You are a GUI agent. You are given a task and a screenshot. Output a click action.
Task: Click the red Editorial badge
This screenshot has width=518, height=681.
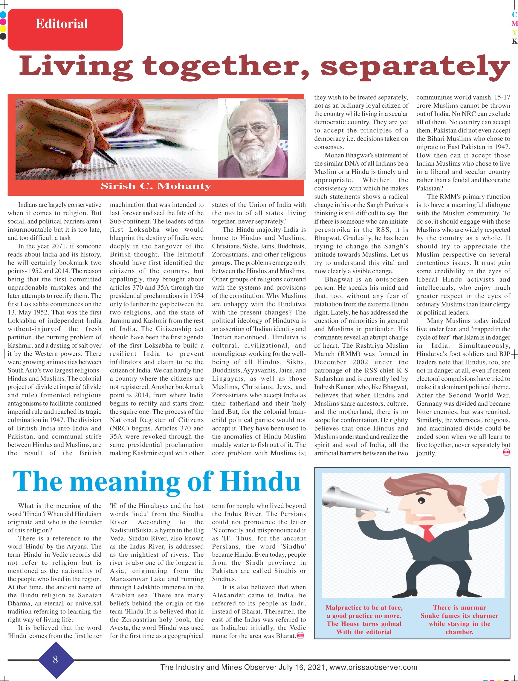(x=65, y=29)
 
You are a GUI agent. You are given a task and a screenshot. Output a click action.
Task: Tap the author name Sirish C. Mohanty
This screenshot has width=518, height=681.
(x=156, y=186)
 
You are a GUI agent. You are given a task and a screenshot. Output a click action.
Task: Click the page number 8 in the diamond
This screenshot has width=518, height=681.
(x=56, y=660)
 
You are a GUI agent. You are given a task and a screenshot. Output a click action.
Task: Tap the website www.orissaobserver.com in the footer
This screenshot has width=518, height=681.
(x=373, y=667)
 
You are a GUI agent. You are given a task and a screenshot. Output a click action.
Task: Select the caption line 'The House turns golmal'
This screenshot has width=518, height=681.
(x=364, y=624)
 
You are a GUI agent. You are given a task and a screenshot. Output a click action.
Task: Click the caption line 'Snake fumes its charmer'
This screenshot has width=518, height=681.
(x=459, y=616)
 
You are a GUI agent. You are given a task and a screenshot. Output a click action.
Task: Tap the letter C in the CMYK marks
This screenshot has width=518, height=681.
(x=514, y=14)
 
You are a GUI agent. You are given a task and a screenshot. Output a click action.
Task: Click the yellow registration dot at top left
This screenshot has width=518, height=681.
(x=3, y=29)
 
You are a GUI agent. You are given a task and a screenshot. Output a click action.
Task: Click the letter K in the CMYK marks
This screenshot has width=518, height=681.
(x=514, y=41)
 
